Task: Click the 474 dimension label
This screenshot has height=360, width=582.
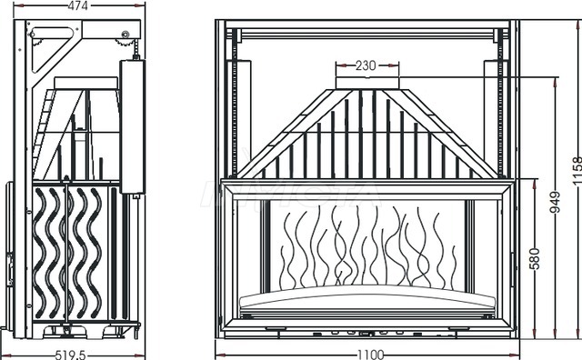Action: (78, 5)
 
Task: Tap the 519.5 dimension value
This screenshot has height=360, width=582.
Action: (71, 355)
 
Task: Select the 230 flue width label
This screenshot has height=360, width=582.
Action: (366, 65)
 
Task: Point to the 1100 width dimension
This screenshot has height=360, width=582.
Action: (371, 355)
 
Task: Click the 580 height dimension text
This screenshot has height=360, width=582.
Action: (535, 259)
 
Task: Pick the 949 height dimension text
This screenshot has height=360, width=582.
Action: (555, 202)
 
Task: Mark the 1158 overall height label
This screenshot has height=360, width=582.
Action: (577, 171)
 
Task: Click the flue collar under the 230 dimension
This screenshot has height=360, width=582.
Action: (367, 83)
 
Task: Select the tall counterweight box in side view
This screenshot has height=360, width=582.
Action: (132, 126)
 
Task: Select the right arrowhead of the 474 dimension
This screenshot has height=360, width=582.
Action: (139, 5)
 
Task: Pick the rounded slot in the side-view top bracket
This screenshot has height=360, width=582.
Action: (52, 33)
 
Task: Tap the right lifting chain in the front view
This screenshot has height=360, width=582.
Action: (500, 105)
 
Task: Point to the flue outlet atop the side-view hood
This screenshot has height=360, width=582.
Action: (86, 83)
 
